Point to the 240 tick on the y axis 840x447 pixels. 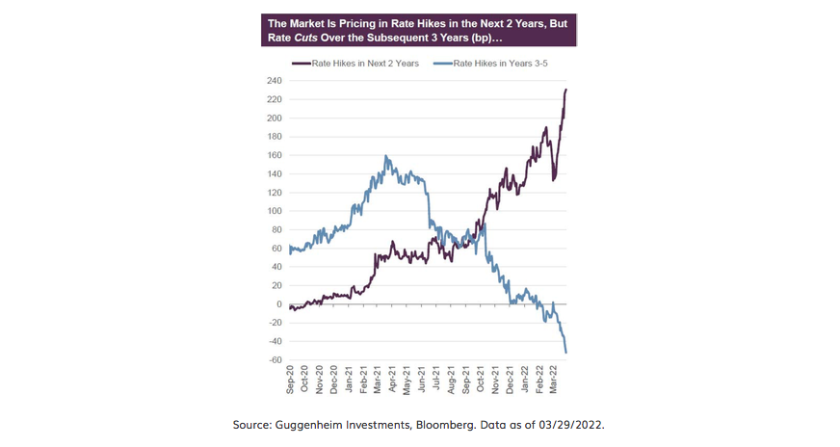(x=274, y=81)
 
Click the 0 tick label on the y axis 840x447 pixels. (x=278, y=304)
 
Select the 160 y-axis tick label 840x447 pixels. (x=274, y=155)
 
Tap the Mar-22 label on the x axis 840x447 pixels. (x=553, y=381)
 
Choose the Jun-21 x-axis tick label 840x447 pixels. (x=422, y=381)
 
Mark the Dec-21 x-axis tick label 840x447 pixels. (x=510, y=381)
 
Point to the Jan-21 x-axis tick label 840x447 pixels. (x=349, y=381)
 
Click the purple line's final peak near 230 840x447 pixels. (x=566, y=90)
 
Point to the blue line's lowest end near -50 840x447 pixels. (x=566, y=353)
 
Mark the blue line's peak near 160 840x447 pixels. (x=386, y=156)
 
